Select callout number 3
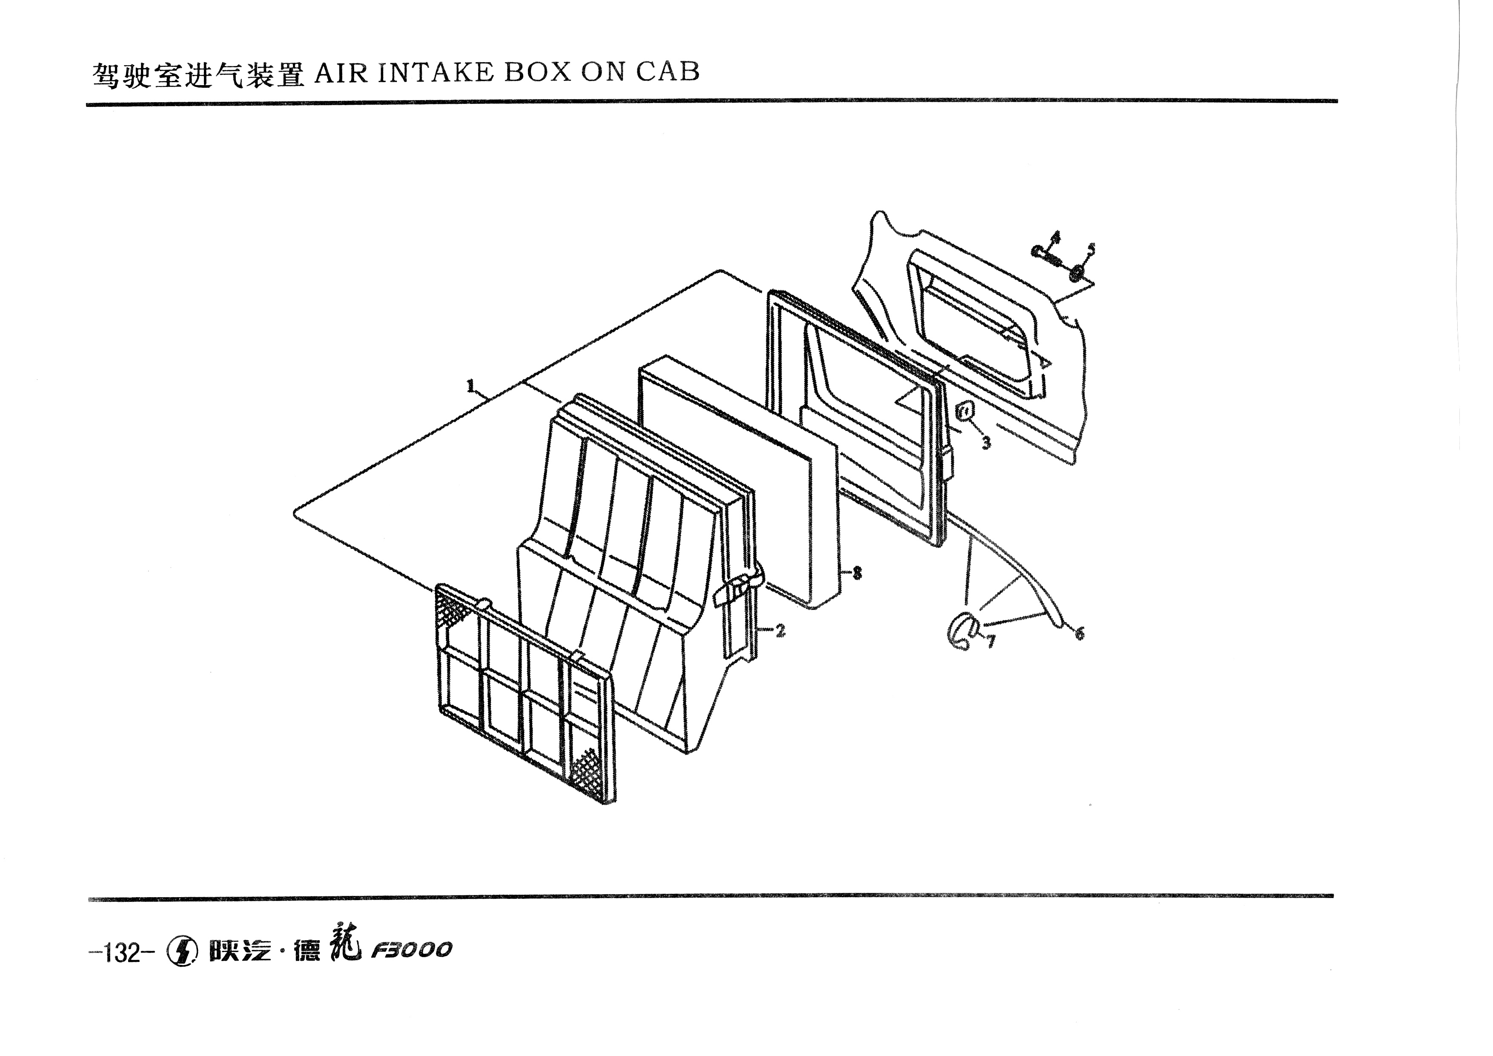tap(986, 443)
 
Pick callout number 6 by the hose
tap(1080, 632)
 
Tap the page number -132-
tap(122, 953)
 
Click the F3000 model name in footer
tap(411, 951)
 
